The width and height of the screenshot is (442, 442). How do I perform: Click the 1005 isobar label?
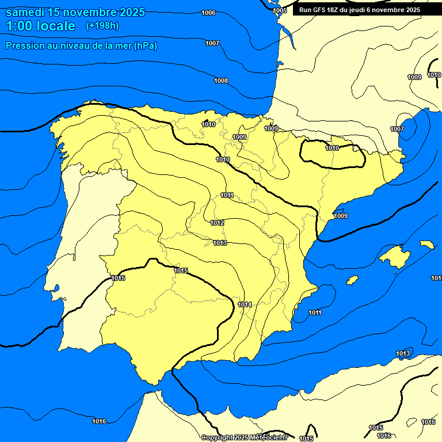[x=280, y=10]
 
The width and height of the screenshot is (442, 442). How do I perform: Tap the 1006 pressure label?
[x=209, y=13]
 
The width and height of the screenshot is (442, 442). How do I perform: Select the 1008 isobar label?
[x=221, y=81]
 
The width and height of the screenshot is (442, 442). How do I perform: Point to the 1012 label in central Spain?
[x=217, y=223]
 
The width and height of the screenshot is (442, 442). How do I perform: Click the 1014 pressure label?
[x=245, y=304]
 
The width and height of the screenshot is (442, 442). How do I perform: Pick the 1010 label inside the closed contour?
[x=332, y=148]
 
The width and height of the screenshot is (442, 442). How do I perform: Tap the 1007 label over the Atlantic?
[x=212, y=43]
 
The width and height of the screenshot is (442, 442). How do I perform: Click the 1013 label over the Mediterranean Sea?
[x=403, y=353]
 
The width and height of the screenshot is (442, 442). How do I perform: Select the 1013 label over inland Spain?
[x=220, y=243]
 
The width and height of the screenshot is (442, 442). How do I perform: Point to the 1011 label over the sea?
[x=315, y=313]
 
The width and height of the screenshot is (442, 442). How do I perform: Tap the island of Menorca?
[x=426, y=245]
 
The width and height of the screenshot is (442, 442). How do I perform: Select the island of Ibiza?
[x=352, y=280]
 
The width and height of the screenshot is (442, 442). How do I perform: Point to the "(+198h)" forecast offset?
[x=102, y=26]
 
